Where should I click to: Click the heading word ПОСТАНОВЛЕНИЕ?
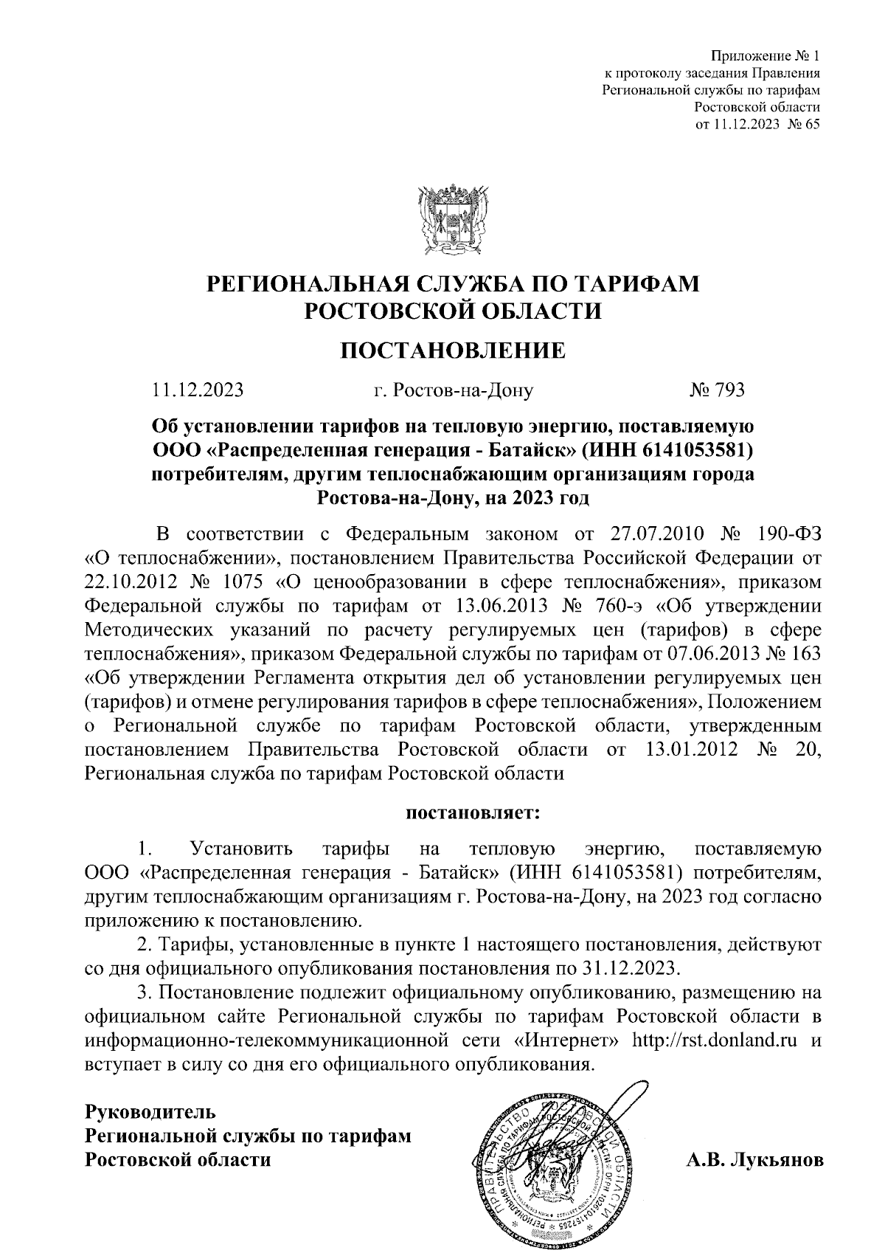coord(453,349)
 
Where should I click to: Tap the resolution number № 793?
coord(717,390)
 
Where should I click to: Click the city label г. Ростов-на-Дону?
coord(453,390)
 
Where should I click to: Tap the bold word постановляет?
coord(473,814)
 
